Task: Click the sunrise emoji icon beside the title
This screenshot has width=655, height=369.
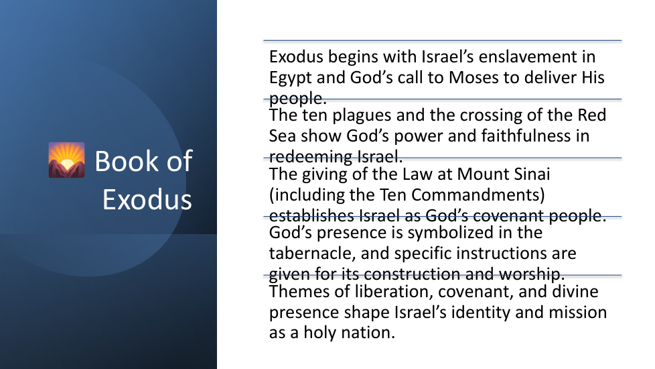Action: [x=66, y=160]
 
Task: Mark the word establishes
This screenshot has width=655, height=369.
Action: [x=311, y=216]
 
